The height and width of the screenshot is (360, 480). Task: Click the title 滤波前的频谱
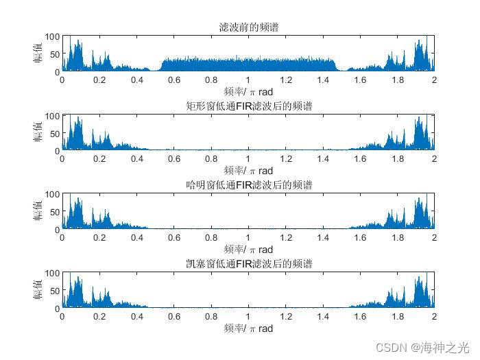[x=248, y=27]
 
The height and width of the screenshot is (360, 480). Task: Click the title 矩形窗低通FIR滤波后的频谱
[x=248, y=106]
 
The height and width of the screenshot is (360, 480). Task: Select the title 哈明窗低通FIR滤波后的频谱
[x=248, y=185]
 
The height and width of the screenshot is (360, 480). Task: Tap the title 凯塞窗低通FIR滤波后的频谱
[x=248, y=264]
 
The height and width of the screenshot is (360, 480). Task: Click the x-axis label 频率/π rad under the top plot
[x=248, y=91]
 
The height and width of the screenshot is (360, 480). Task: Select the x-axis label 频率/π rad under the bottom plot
[x=248, y=328]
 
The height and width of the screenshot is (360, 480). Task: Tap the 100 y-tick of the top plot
[x=52, y=36]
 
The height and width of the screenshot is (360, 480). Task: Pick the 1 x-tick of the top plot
[x=248, y=80]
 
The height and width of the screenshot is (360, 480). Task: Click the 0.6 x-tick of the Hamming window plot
[x=174, y=238]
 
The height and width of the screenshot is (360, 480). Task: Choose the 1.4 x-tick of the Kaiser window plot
[x=322, y=317]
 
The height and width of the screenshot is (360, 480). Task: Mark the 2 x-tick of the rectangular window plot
[x=434, y=159]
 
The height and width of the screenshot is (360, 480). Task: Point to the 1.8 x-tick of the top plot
[x=397, y=80]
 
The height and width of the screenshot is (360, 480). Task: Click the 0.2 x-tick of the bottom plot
[x=99, y=317]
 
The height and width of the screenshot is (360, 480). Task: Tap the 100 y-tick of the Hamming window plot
[x=52, y=195]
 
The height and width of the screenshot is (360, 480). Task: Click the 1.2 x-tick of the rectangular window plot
[x=285, y=159]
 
